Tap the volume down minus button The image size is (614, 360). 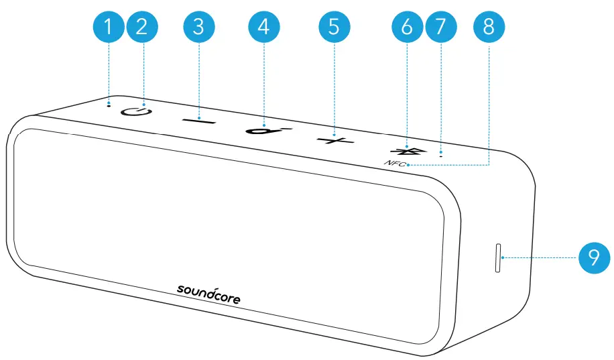pos(199,121)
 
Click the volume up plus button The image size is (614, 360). pos(334,140)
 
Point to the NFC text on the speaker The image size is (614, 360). pos(395,164)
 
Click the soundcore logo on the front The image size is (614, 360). pos(208,293)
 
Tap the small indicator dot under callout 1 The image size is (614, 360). pos(109,105)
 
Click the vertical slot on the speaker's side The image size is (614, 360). pos(497,258)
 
